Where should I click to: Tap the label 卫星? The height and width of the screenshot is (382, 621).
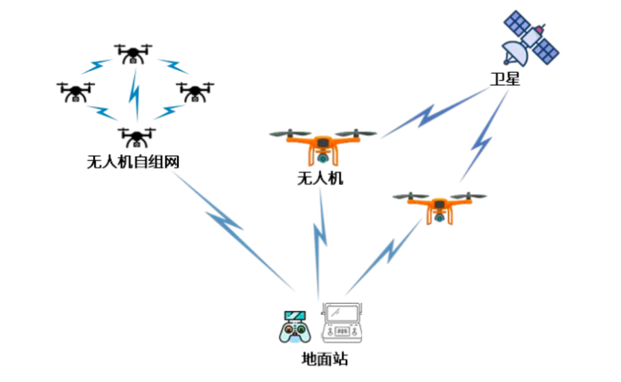point(505,79)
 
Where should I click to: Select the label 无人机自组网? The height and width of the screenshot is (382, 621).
point(134,161)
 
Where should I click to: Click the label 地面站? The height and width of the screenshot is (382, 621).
point(325,359)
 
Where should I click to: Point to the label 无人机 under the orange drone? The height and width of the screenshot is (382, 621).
point(320,178)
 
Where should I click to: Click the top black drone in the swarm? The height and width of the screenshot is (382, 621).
point(134,52)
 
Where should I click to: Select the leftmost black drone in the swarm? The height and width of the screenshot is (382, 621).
point(75,91)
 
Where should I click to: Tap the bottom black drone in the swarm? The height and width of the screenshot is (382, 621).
point(137,136)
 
